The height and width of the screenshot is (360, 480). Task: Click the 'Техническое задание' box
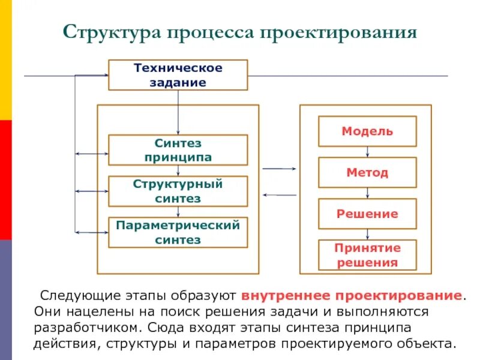pyautogui.click(x=178, y=75)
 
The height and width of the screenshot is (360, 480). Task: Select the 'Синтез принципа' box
pyautogui.click(x=178, y=150)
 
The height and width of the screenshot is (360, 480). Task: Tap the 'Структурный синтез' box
pyautogui.click(x=178, y=191)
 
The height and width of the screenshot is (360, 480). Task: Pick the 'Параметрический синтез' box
pyautogui.click(x=178, y=232)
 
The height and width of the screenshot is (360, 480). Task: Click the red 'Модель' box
pyautogui.click(x=367, y=131)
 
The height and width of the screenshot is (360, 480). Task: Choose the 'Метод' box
pyautogui.click(x=367, y=173)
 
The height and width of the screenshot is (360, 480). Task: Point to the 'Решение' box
pyautogui.click(x=367, y=214)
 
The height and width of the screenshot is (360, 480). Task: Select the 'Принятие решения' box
pyautogui.click(x=367, y=255)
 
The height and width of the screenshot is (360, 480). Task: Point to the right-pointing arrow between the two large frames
pyautogui.click(x=279, y=170)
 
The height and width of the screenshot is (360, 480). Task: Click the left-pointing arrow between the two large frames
pyautogui.click(x=279, y=195)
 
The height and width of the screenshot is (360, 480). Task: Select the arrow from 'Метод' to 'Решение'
pyautogui.click(x=367, y=193)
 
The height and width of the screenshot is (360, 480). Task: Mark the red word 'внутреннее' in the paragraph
pyautogui.click(x=286, y=296)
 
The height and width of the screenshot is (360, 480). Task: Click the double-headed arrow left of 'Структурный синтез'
pyautogui.click(x=91, y=191)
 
